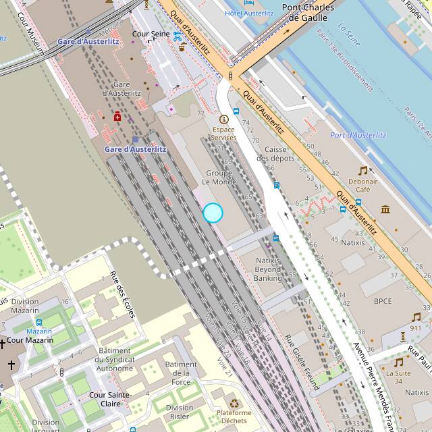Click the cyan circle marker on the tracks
click(x=213, y=213)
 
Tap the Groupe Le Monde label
click(x=219, y=178)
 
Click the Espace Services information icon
click(x=224, y=119)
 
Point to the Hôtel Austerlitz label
click(x=249, y=13)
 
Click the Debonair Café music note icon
click(x=363, y=171)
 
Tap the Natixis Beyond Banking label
click(x=268, y=269)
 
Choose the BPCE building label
click(x=383, y=301)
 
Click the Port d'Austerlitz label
click(x=358, y=136)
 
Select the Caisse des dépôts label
click(x=280, y=154)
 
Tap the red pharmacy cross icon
click(x=117, y=117)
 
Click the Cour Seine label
click(x=151, y=33)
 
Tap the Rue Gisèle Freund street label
click(x=300, y=362)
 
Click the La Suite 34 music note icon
click(x=399, y=362)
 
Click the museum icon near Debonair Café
click(x=385, y=209)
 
